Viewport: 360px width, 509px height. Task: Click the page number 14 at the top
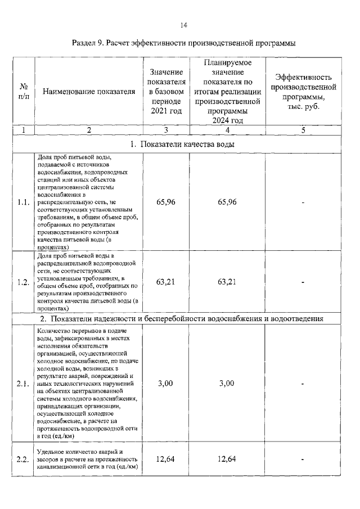pos(183,25)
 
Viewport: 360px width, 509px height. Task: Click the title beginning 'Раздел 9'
pos(183,43)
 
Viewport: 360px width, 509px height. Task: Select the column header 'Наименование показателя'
pos(89,92)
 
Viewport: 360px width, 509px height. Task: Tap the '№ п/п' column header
pos(24,92)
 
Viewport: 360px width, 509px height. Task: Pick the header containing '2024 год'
pos(227,92)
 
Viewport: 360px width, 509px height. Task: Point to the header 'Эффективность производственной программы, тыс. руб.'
pos(303,92)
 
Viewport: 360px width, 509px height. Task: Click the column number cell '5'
pos(303,130)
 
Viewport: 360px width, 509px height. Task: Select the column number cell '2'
pos(89,130)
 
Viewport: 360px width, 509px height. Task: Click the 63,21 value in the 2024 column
pos(227,282)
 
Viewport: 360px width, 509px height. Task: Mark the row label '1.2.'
pos(24,282)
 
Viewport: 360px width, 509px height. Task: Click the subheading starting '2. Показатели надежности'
pos(181,319)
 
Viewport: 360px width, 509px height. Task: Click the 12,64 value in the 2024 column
pos(227,460)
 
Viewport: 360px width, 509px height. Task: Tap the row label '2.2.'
pos(24,460)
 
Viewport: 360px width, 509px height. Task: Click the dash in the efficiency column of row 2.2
pos(303,460)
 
